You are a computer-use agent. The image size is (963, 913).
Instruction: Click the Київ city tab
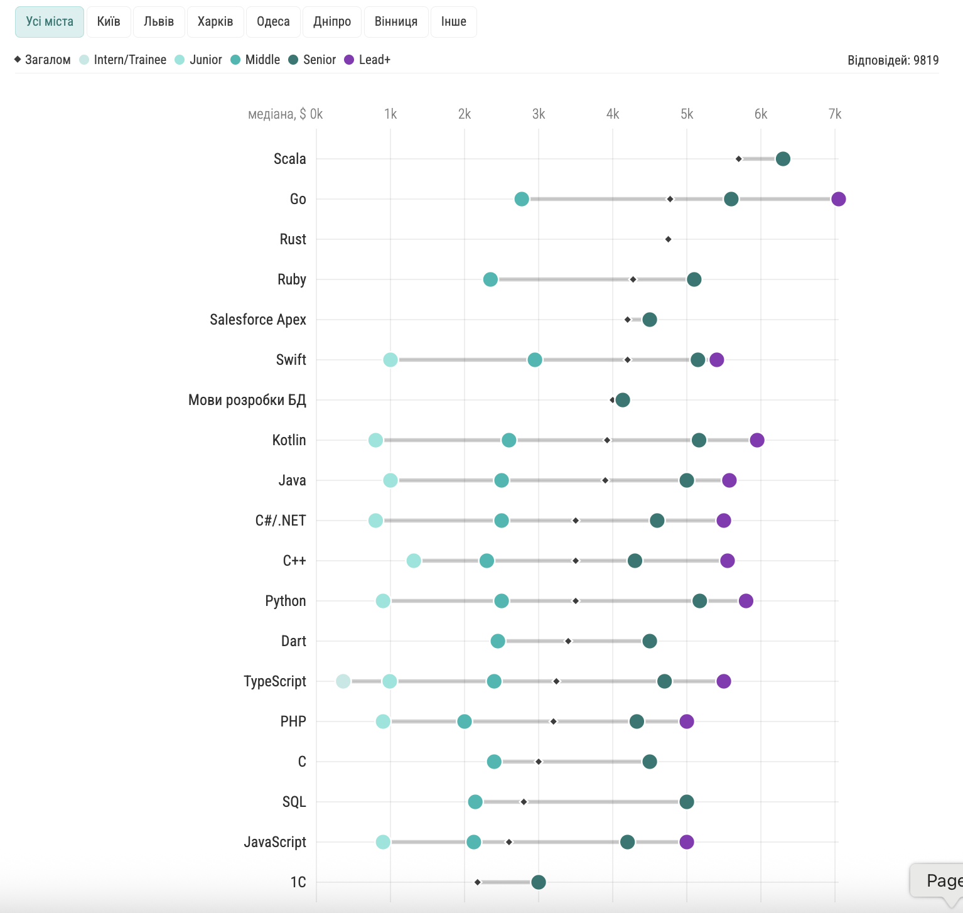coord(108,22)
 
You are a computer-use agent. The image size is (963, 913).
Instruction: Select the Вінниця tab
coord(395,22)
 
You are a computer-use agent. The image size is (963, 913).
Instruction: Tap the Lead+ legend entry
coord(368,60)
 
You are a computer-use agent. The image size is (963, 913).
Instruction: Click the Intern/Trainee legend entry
coord(123,60)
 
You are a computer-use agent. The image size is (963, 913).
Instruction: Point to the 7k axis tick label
coord(834,114)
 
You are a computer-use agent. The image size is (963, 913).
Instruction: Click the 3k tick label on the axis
coord(538,114)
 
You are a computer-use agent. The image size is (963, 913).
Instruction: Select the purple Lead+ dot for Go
coord(838,199)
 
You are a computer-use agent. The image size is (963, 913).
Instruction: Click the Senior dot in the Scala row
coord(783,159)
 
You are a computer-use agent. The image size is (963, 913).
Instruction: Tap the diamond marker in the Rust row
coord(668,239)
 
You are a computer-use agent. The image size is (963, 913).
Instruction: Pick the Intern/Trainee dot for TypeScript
coord(343,681)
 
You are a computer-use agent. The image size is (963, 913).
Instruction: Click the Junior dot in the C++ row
coord(414,561)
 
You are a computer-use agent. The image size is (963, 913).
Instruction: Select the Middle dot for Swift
coord(535,360)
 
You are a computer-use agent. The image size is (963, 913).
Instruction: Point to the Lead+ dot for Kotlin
coord(757,440)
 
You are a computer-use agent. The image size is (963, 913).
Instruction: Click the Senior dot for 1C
coord(539,882)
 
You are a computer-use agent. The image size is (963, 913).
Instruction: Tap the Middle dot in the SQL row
coord(475,802)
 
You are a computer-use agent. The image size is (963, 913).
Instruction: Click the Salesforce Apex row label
coord(258,320)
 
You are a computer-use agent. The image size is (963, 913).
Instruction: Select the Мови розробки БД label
coord(247,400)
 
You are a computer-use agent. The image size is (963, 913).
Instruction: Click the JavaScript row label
coord(275,842)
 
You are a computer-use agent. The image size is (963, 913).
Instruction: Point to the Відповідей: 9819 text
coord(893,60)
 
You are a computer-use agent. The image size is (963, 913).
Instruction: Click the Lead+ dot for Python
coord(746,601)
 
